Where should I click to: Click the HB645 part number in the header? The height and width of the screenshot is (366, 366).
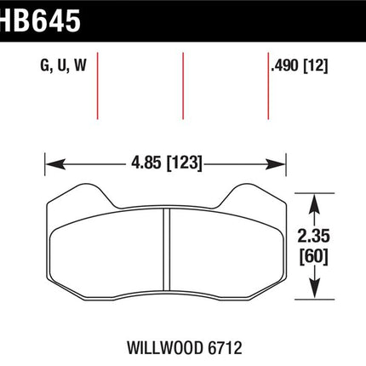tap(40, 20)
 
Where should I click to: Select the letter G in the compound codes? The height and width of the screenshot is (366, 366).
tap(45, 66)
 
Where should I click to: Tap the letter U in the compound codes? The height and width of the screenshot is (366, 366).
tap(62, 66)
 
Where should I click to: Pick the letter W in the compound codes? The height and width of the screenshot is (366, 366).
tap(80, 66)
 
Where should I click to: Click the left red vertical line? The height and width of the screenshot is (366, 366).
tap(97, 86)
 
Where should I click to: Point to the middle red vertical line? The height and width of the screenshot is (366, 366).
tap(183, 86)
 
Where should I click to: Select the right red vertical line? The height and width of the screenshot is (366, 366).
tap(268, 86)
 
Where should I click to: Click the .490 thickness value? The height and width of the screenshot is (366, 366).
tap(285, 66)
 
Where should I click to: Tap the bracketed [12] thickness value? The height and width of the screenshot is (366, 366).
tap(316, 66)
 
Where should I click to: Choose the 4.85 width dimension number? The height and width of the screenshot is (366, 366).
tap(146, 163)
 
